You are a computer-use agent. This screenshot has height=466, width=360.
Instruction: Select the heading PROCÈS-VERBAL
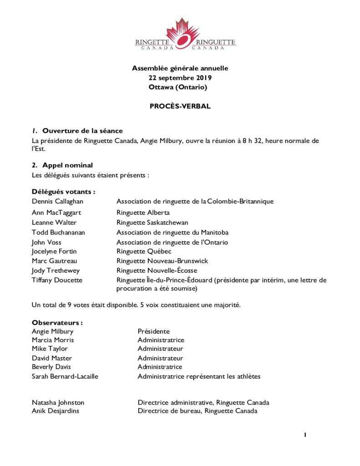coord(180,106)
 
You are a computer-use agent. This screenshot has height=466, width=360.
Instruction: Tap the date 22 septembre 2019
coord(180,78)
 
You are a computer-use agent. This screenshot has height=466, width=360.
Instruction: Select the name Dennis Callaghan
coord(57,201)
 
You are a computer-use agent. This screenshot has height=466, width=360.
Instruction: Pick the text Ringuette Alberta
coord(143,213)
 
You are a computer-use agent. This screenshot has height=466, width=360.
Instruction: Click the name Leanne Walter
coord(54,223)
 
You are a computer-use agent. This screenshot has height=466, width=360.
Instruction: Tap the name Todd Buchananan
coord(58,233)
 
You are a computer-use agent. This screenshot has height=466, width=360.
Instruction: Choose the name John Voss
coord(46,242)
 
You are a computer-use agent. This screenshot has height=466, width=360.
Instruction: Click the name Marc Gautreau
coord(55,261)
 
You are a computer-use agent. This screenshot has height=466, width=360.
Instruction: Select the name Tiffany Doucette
coord(57,280)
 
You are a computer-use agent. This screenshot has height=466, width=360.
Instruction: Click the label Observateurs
coord(57,323)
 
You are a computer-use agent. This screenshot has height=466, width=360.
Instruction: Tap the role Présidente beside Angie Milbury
coord(153,331)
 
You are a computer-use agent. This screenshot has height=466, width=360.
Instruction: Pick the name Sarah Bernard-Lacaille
coord(65,376)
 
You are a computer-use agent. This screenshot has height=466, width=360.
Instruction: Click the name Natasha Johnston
coord(58,402)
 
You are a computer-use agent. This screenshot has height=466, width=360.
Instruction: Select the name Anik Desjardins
coord(56,411)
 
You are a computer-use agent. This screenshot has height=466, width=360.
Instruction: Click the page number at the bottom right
coord(305,435)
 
